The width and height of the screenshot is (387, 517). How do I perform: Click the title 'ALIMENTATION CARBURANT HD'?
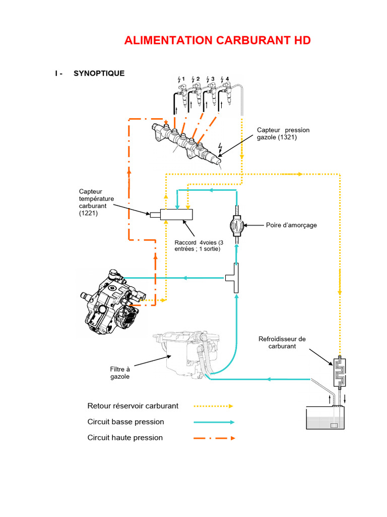click(x=217, y=40)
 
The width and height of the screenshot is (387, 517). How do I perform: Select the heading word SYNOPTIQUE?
click(x=99, y=73)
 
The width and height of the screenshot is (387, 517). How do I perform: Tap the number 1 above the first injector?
click(x=183, y=79)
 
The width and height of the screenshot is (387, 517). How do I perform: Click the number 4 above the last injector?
click(x=227, y=79)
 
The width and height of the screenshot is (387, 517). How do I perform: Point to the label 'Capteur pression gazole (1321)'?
click(x=283, y=134)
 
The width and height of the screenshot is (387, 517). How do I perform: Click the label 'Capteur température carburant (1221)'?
click(x=96, y=202)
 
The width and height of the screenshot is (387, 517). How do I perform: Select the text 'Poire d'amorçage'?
click(x=291, y=225)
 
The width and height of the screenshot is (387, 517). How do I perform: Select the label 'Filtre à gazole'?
click(x=120, y=373)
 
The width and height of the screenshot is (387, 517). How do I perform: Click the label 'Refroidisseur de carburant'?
click(x=282, y=342)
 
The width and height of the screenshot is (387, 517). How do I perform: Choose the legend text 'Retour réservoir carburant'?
click(x=133, y=405)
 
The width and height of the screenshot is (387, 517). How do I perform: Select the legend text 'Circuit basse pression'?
click(x=125, y=422)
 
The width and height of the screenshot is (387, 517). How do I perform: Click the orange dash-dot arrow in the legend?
click(x=215, y=438)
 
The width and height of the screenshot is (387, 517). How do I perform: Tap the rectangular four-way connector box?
click(x=176, y=215)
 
